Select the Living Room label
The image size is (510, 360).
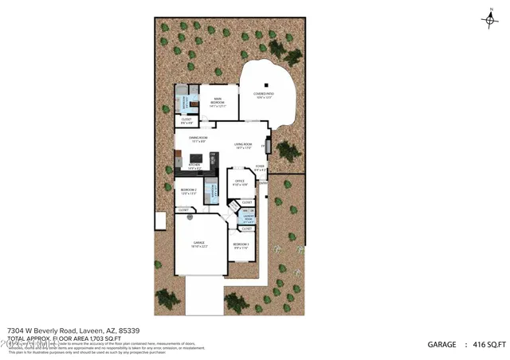click(243, 146)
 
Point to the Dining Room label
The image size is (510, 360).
click(198, 139)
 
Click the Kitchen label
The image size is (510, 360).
click(194, 167)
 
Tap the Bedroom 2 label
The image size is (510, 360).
click(189, 191)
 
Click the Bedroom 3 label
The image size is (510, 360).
click(241, 245)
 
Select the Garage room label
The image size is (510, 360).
click(199, 244)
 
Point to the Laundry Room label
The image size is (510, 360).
click(248, 218)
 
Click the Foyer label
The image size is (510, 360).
click(260, 168)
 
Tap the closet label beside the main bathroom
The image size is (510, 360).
click(186, 122)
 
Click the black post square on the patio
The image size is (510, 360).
click(268, 84)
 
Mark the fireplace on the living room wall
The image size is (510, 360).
click(268, 147)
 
